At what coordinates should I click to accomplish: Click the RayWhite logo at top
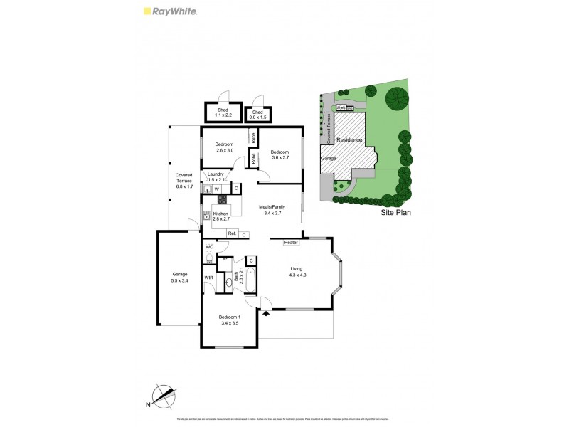171,11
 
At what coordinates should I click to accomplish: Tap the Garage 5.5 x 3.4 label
179,278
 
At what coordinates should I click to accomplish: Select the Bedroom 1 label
228,320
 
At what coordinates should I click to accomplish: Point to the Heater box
290,243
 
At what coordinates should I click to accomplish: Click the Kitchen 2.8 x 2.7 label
221,216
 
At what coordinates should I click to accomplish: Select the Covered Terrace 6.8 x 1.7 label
184,181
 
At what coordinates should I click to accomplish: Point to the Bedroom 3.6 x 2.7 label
280,154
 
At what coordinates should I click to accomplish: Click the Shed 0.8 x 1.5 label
257,115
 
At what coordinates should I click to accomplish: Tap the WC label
210,247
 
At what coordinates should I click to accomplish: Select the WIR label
209,278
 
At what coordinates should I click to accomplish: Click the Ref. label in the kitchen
232,233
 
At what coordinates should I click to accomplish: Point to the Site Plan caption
396,211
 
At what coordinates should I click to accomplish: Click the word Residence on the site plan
349,141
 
